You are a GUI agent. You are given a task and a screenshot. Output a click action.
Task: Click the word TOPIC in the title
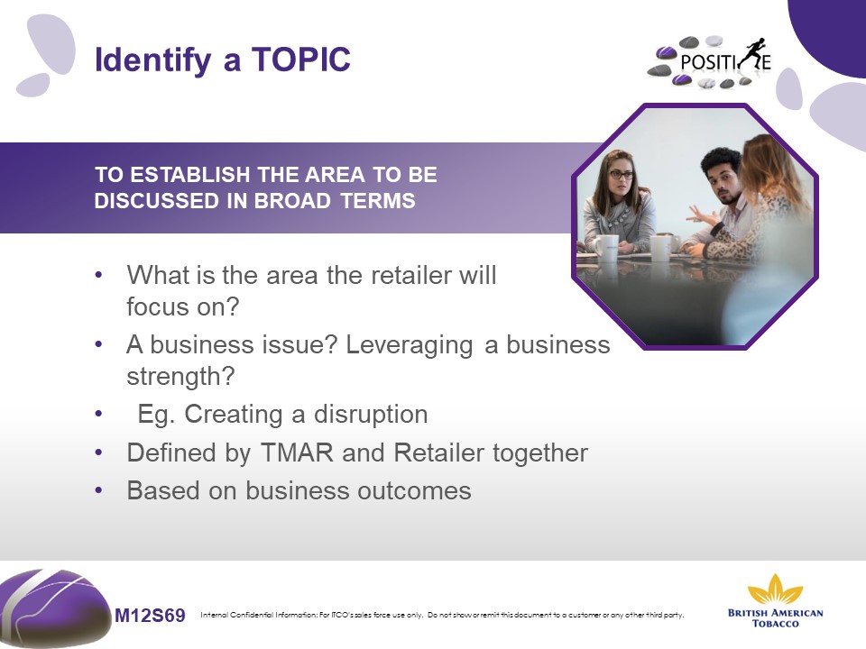pos(301,59)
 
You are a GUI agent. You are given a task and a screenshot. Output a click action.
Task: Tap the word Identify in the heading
pos(153,60)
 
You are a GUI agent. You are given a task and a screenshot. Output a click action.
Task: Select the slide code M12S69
pos(150,615)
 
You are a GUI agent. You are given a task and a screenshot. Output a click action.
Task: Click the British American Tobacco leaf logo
pos(776,589)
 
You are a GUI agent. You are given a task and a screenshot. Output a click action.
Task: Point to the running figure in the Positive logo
pos(753,54)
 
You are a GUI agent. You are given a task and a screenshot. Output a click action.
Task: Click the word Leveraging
pos(410,346)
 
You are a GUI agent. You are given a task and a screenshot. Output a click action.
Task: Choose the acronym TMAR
pos(297,453)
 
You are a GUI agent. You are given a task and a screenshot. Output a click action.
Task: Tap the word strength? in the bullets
pos(180,378)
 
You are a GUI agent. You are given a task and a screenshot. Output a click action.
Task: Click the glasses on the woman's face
pos(622,175)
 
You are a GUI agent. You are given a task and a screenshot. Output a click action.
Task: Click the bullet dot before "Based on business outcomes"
pos(99,490)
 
